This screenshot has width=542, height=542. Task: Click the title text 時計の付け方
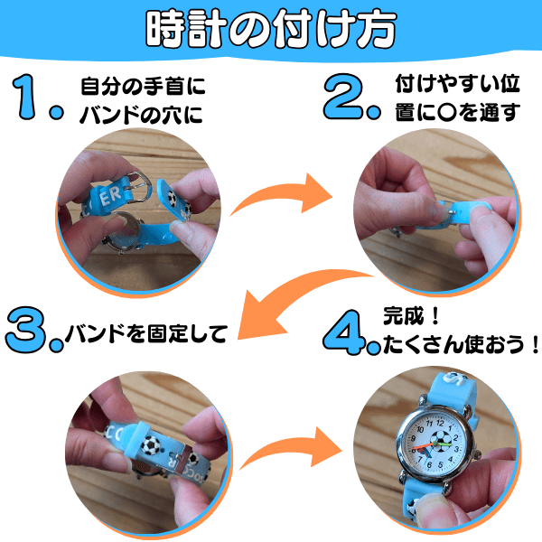(271, 29)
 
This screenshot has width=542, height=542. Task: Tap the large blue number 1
(25, 97)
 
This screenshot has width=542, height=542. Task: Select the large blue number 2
(343, 97)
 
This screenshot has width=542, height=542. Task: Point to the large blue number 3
(26, 330)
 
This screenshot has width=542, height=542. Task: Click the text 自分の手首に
(143, 86)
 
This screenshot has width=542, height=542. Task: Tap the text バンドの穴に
(142, 115)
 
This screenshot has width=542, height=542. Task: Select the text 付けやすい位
(458, 83)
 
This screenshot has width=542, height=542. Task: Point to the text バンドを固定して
(146, 332)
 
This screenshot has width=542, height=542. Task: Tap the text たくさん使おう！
(461, 344)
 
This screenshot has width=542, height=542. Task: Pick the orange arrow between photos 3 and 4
(290, 449)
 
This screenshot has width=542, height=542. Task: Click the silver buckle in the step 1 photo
(138, 187)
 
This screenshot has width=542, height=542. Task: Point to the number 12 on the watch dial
(440, 423)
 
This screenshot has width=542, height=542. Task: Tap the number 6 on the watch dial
(429, 464)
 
